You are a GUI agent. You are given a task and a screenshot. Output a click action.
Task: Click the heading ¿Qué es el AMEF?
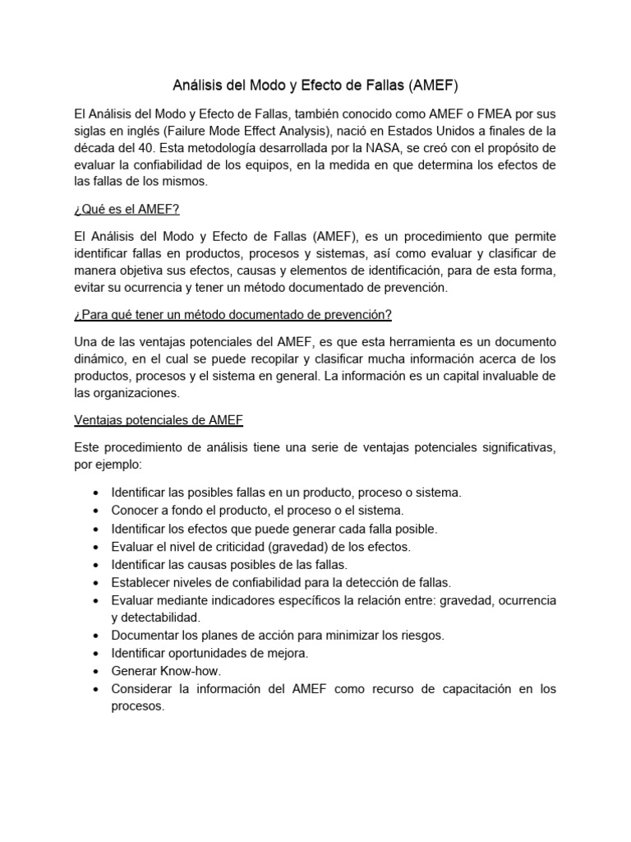[127, 210]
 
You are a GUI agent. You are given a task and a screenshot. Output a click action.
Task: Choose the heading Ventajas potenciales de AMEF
[159, 420]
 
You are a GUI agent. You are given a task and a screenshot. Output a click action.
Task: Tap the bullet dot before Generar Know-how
[97, 671]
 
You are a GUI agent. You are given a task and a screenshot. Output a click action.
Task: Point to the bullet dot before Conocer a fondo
[97, 511]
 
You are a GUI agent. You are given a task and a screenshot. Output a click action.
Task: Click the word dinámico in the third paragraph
[100, 359]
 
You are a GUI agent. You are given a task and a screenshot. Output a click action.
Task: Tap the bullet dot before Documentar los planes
[97, 636]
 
